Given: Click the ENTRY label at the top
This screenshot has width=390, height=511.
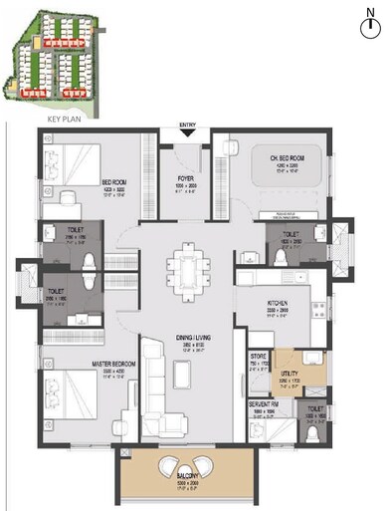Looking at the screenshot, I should [186, 127].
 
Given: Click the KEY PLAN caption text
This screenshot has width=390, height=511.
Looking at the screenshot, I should [64, 118].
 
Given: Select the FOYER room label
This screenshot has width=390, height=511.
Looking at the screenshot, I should [185, 180].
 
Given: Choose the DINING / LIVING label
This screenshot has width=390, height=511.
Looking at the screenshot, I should [186, 344].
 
